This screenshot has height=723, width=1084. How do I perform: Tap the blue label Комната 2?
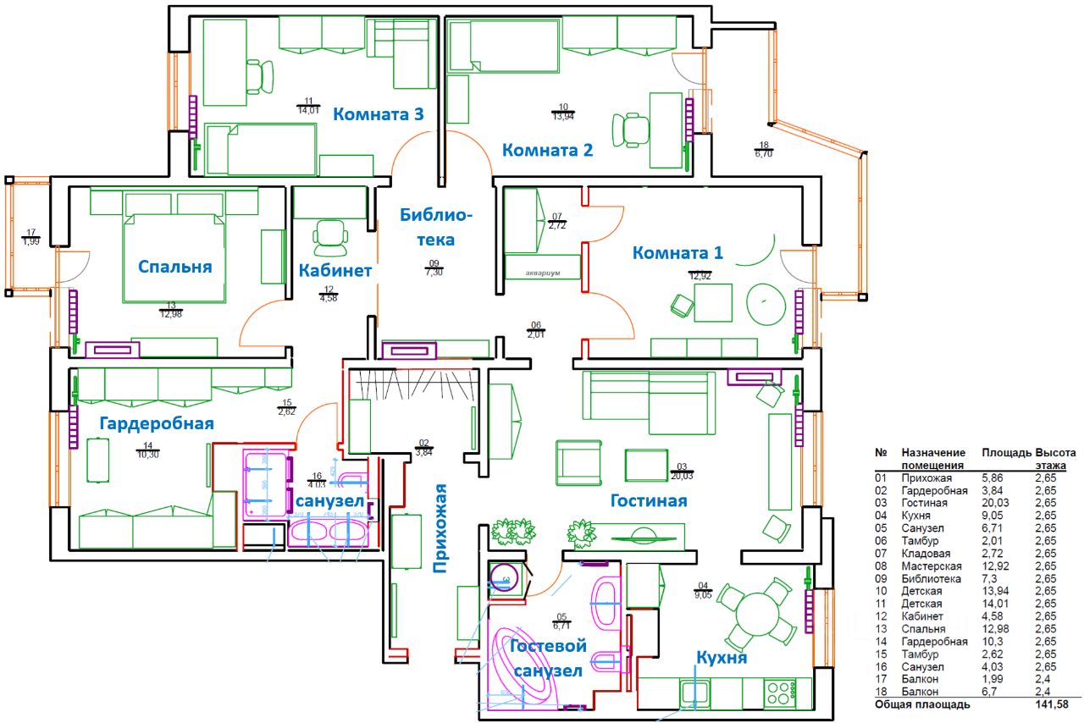coord(548,151)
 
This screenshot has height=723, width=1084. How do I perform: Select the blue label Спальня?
coord(176,267)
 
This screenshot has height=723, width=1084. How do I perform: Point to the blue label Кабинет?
coord(335,271)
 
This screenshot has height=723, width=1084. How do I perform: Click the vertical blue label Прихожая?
coord(440,528)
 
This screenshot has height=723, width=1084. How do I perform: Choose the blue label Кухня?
coord(721,658)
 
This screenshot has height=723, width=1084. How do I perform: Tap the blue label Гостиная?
coord(648,501)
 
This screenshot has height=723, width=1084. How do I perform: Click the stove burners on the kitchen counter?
coord(778,693)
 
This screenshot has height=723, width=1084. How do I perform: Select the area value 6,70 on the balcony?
coord(763,154)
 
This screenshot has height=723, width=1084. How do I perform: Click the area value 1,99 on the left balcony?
coord(31,242)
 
